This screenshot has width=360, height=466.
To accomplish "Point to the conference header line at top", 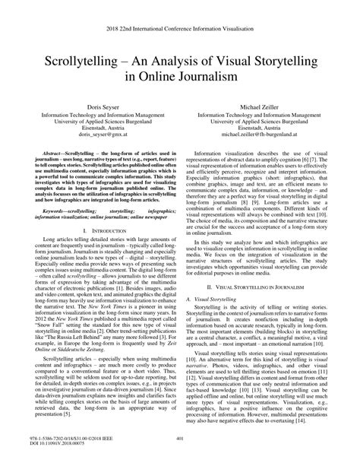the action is [x=179, y=24].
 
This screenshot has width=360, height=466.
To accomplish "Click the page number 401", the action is [x=180, y=437].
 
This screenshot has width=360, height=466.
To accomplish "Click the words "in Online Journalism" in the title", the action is [x=179, y=78].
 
